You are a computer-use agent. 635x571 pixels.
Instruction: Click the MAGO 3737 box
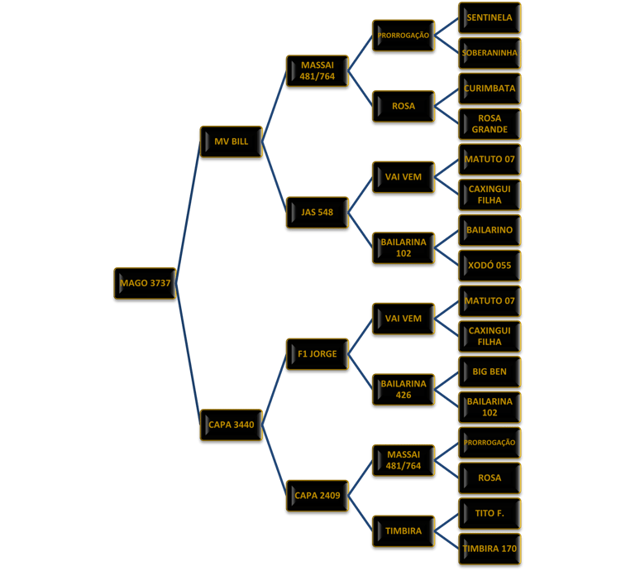(x=145, y=283)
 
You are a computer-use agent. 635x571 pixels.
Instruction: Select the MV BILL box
(x=231, y=142)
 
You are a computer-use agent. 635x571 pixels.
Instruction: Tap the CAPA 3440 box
(x=231, y=425)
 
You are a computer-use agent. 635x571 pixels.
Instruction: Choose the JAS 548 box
(x=317, y=213)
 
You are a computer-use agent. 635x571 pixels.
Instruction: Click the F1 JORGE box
(x=317, y=354)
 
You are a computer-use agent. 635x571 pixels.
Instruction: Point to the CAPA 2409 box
(x=317, y=496)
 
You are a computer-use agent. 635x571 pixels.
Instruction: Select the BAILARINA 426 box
(x=403, y=389)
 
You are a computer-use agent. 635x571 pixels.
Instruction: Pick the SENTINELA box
(x=489, y=17)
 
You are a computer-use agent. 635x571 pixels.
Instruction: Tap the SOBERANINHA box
(x=489, y=53)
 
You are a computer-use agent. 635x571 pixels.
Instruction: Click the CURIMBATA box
(x=489, y=89)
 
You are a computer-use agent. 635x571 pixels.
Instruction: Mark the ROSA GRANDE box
(x=489, y=123)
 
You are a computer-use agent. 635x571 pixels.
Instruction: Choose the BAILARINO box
(x=489, y=230)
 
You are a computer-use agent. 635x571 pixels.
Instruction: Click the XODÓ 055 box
(x=489, y=266)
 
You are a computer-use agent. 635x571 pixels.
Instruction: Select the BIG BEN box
(x=489, y=372)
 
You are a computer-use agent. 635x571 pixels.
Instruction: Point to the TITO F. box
(x=489, y=513)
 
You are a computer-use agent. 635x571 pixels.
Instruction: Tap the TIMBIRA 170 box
(x=489, y=548)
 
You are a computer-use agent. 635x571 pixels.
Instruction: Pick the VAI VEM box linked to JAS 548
(x=403, y=177)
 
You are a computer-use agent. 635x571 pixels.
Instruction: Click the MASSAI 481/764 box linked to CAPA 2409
(x=403, y=460)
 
